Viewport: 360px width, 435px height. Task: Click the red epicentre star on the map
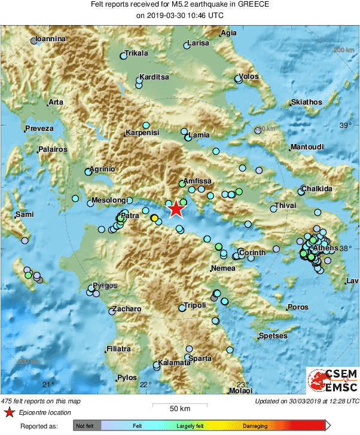(x=176, y=209)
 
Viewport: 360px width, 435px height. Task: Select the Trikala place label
(x=136, y=53)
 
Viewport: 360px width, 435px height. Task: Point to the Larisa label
(x=199, y=43)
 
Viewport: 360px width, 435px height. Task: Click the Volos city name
(x=248, y=76)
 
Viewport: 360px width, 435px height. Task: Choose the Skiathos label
(x=306, y=102)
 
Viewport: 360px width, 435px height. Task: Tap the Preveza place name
(x=39, y=128)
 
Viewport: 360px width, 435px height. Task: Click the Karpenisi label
(x=143, y=133)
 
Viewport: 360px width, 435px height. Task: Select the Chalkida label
(x=317, y=189)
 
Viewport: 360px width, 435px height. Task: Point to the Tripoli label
(x=196, y=305)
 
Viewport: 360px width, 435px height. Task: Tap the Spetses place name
(x=273, y=336)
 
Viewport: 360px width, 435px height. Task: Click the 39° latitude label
(x=346, y=125)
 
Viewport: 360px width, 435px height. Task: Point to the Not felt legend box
(x=86, y=426)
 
